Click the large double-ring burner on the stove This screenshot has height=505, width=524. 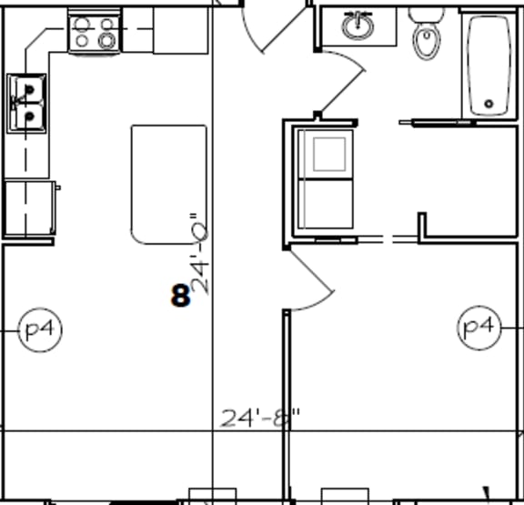click(x=107, y=40)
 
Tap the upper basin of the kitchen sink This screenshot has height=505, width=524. click(x=26, y=91)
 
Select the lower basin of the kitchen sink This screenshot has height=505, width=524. click(x=26, y=116)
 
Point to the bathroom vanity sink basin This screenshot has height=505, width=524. click(x=359, y=26)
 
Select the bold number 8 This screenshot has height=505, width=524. click(x=180, y=295)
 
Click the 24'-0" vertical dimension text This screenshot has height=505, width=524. click(x=199, y=255)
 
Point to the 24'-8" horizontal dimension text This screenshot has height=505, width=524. click(x=260, y=419)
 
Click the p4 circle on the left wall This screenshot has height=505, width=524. click(x=40, y=328)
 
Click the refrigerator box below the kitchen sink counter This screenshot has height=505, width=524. click(x=28, y=208)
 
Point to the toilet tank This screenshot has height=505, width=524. click(x=426, y=13)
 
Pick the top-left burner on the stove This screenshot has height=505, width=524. click(x=83, y=25)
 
